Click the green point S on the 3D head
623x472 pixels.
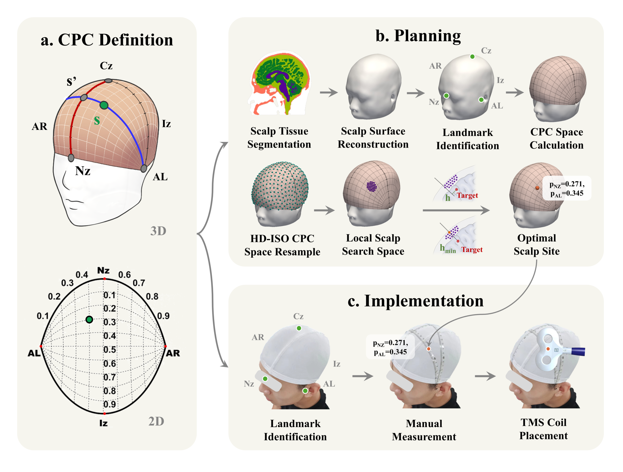point(104,105)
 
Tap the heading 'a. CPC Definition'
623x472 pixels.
point(107,40)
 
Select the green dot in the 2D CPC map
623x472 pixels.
point(89,320)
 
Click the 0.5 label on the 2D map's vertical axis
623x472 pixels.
point(110,350)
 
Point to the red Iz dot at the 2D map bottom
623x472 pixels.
point(104,414)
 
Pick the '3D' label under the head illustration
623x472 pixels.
point(158,231)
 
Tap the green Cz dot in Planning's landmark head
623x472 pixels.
point(472,57)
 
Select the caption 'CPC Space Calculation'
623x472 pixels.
point(557,138)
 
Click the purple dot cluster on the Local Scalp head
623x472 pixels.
point(372,186)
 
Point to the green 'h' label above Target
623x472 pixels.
point(448,198)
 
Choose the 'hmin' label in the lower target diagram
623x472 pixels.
point(448,249)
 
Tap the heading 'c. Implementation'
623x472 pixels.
point(415,301)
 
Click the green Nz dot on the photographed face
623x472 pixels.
point(265,379)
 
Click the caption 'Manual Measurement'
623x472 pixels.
point(424,430)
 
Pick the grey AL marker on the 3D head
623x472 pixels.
point(144,169)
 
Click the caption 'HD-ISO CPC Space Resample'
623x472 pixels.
point(282,245)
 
